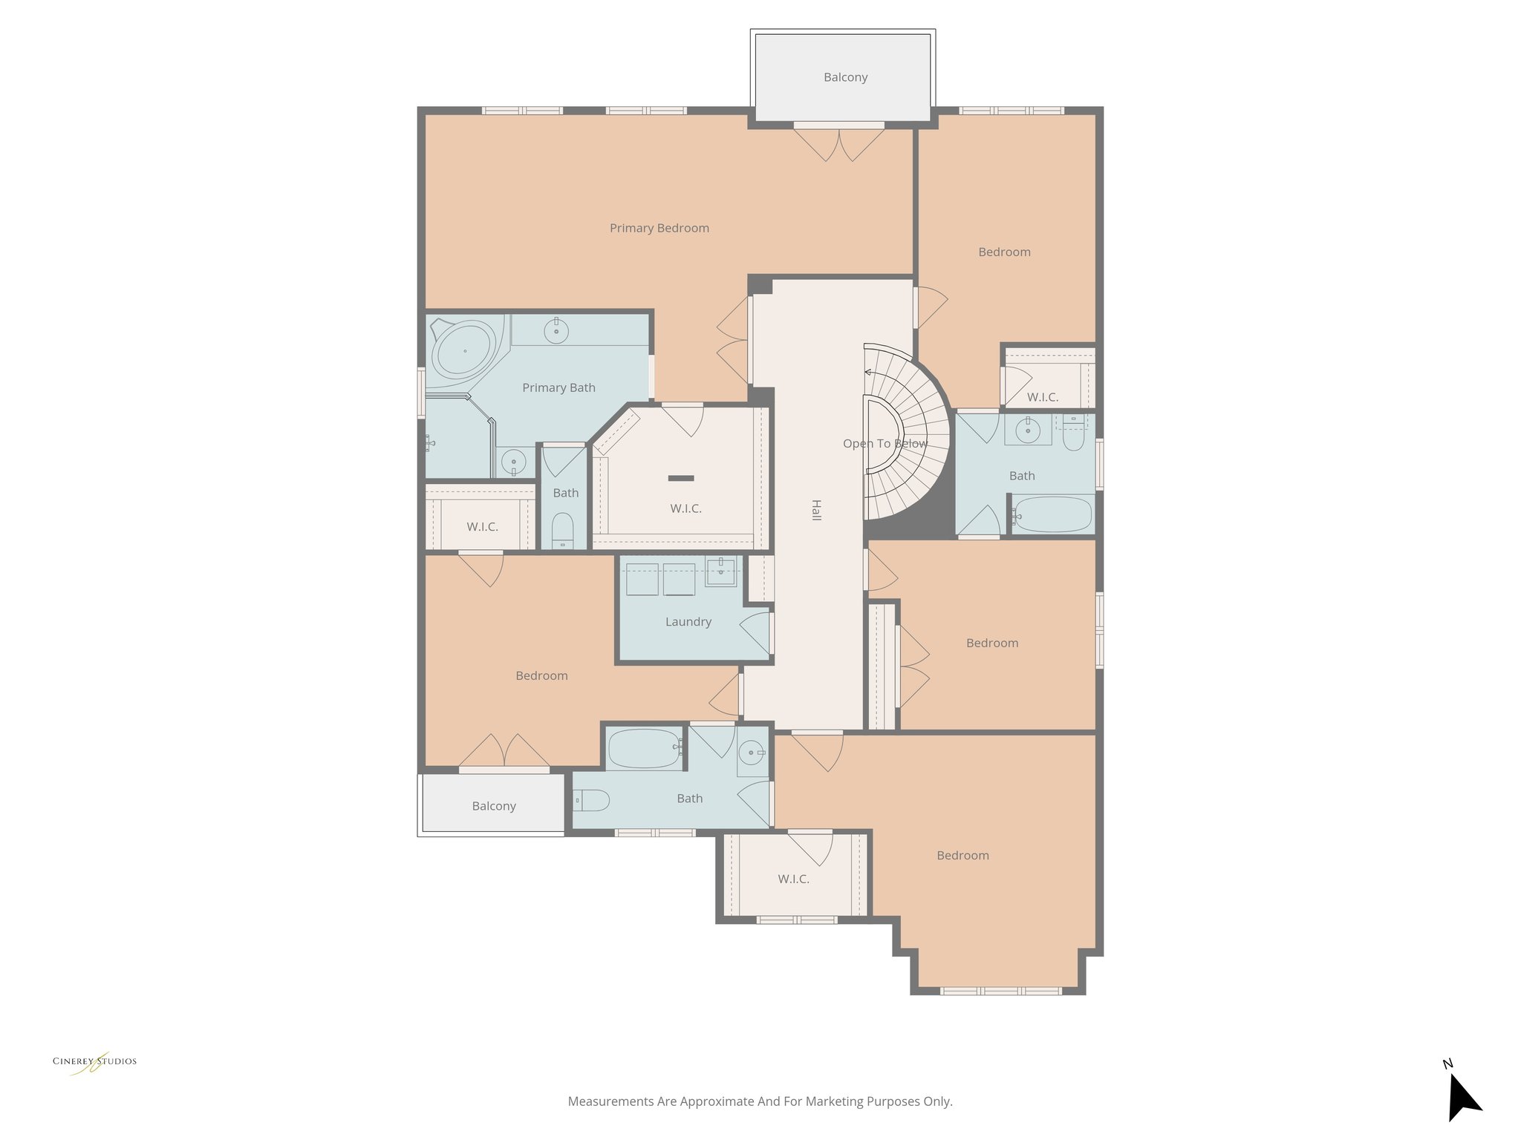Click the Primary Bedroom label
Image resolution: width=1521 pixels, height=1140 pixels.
(x=659, y=228)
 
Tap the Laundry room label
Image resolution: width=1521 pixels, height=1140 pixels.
(x=688, y=622)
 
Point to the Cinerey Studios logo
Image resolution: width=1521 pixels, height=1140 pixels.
(x=94, y=1061)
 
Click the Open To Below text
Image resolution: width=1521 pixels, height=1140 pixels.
(x=885, y=444)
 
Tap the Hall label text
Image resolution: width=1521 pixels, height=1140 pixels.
(x=816, y=510)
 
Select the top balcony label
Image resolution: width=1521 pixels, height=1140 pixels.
(x=845, y=77)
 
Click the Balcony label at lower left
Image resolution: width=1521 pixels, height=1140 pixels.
(x=494, y=806)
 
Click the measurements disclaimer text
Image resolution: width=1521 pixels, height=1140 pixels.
(x=760, y=1101)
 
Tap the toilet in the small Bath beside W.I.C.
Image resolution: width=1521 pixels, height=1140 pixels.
(x=564, y=531)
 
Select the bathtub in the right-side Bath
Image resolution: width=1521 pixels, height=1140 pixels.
(x=1053, y=514)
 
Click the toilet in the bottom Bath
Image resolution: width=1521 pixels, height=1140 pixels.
(x=593, y=800)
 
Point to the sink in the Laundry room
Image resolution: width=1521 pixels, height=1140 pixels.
(x=720, y=571)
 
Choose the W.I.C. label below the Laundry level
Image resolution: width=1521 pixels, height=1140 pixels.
(x=793, y=879)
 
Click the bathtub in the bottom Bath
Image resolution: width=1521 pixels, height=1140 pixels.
(x=643, y=748)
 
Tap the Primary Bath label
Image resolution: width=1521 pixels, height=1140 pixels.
(x=558, y=387)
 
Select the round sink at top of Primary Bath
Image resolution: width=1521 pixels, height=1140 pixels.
(x=556, y=330)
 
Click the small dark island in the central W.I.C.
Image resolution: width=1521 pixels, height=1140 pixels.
(x=680, y=477)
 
